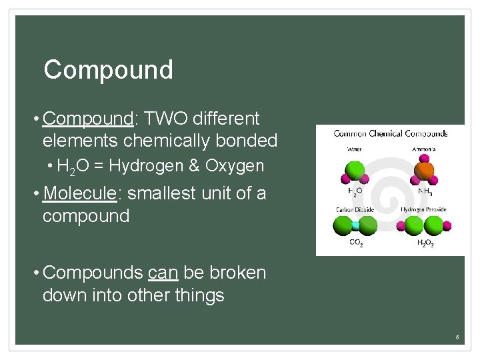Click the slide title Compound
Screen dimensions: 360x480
(108, 69)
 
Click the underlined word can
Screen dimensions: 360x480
(163, 273)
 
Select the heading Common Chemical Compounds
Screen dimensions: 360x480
(390, 133)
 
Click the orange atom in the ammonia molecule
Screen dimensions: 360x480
(424, 170)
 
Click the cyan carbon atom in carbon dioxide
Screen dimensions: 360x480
(355, 226)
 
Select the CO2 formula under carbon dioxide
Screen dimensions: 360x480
(356, 243)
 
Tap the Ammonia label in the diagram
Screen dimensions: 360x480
(424, 149)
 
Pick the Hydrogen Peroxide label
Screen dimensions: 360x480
(423, 210)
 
